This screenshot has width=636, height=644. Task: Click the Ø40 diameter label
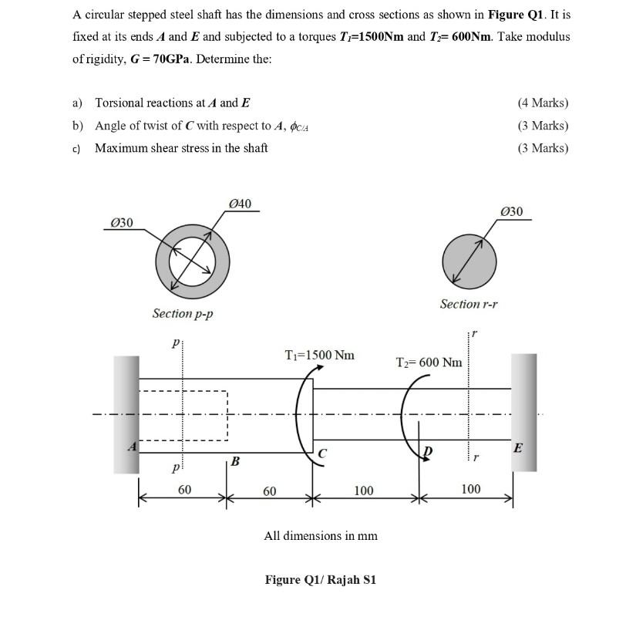(x=241, y=204)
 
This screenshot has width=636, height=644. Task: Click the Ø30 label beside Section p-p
(x=122, y=223)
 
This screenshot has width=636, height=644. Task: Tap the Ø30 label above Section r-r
(x=511, y=211)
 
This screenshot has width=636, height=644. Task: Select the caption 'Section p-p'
(x=183, y=313)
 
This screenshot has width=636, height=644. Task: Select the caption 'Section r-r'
(x=469, y=304)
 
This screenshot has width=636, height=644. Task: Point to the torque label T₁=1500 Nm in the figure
(x=320, y=355)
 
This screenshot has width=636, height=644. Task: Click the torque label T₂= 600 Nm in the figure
(x=429, y=362)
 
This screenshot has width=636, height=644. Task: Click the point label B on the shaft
(x=235, y=461)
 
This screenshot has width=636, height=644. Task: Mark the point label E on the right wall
(x=518, y=447)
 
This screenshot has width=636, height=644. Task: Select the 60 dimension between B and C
(x=269, y=491)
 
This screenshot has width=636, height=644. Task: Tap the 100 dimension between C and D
(x=363, y=490)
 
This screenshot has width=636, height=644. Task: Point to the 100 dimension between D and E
(x=470, y=489)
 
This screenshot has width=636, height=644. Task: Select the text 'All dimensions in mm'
(x=321, y=535)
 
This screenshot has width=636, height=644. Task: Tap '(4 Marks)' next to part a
(x=543, y=103)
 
